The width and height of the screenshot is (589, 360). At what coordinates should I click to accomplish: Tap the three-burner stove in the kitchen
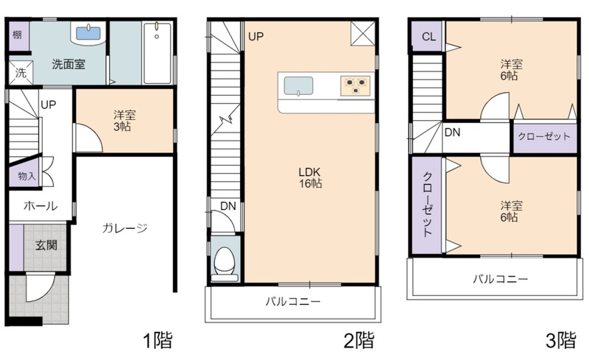pos(356,85)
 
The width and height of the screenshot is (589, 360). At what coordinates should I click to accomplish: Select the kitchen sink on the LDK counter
pos(298,86)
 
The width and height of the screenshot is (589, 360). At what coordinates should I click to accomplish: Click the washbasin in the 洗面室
pos(88,33)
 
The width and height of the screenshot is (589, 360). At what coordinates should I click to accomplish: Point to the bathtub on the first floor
pos(158,52)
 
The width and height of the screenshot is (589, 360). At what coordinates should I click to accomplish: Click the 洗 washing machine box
pos(21,72)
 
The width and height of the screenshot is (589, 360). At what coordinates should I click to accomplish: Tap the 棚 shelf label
pos(17,35)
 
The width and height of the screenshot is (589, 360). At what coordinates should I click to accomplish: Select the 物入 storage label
pos(27,176)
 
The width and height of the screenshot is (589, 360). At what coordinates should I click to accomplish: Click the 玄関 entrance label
pos(46,245)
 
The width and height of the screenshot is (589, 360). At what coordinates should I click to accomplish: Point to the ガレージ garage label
pos(124,228)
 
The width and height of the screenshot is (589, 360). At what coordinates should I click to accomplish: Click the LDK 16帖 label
pos(310,177)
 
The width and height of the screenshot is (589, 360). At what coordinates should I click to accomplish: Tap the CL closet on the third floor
pos(428,37)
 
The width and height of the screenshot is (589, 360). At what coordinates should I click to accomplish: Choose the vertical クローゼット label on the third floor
pos(428,205)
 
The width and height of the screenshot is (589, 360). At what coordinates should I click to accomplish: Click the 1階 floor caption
pos(158,340)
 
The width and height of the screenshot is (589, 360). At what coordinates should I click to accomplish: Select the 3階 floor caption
pos(561,340)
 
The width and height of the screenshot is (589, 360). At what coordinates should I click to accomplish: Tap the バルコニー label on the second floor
pos(293,301)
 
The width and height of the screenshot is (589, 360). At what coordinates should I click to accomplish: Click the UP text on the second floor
pos(255,37)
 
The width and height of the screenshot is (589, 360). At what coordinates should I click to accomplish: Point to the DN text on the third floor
pos(452,133)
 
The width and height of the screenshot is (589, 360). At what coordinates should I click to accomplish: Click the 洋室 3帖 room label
pos(124,121)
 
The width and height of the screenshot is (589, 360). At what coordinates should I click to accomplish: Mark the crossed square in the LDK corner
pos(363,33)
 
